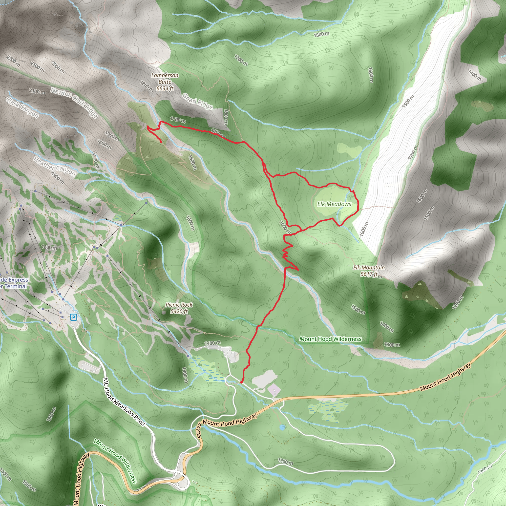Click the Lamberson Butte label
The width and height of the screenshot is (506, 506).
click(x=165, y=82)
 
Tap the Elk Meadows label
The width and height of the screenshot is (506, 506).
click(x=334, y=204)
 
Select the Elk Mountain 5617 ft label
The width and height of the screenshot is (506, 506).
click(x=369, y=271)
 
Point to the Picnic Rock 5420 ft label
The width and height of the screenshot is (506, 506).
click(x=179, y=308)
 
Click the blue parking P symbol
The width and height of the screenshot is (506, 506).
click(x=74, y=317)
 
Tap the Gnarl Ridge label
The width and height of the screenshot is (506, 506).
click(x=197, y=101)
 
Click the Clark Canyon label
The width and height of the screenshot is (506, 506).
click(x=22, y=107)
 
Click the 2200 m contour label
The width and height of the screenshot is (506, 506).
click(x=13, y=61)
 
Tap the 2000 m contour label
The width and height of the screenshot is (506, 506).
click(x=58, y=67)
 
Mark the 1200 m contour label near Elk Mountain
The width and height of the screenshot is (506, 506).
click(x=458, y=302)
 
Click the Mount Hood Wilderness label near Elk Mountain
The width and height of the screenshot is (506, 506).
click(x=331, y=339)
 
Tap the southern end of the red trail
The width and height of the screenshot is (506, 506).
click(x=241, y=383)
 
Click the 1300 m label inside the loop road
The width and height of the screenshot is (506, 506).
click(x=285, y=462)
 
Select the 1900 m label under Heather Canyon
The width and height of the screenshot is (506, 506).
click(x=57, y=178)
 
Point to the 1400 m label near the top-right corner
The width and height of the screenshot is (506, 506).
click(x=475, y=75)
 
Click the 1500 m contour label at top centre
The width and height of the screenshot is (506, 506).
click(x=322, y=34)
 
